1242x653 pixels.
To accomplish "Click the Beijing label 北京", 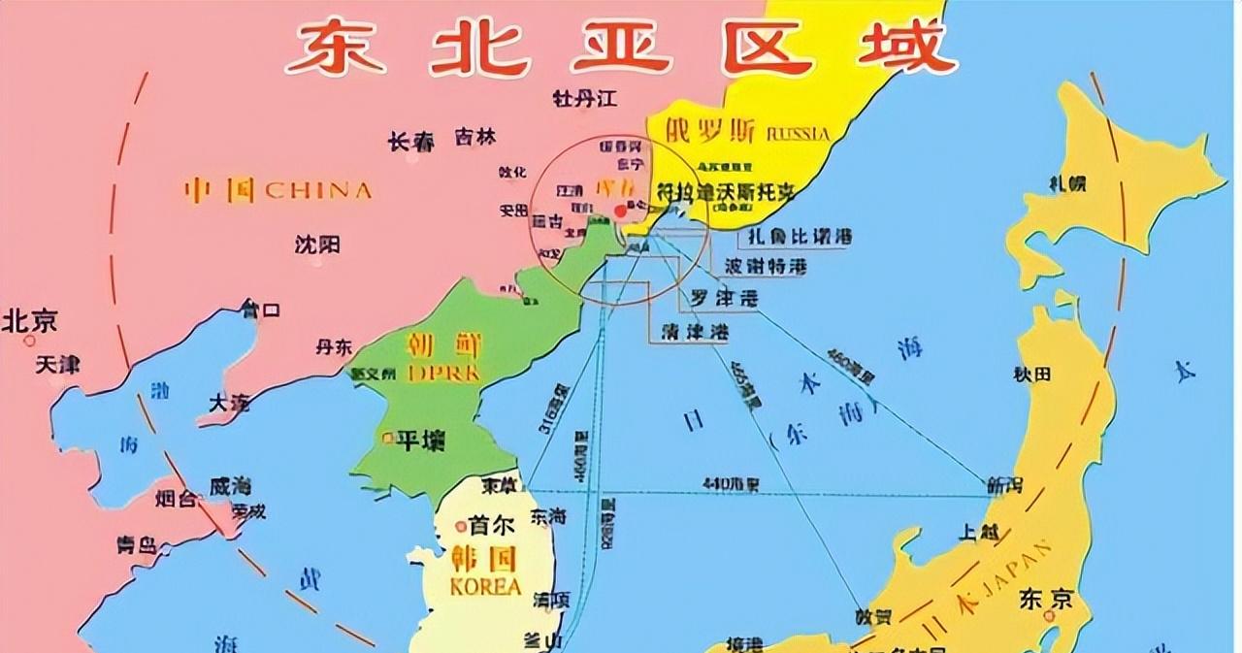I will tap(30, 320).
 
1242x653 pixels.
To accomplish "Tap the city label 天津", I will tap(57, 366).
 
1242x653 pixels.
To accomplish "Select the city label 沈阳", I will tap(317, 245).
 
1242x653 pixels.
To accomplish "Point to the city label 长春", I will tap(411, 142).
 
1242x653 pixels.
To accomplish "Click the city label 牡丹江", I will tap(584, 99).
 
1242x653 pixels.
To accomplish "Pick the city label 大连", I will tap(230, 402).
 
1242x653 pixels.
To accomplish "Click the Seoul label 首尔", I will tap(491, 525).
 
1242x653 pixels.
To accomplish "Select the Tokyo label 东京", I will tap(1046, 600).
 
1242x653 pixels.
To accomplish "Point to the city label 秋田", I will tap(1032, 374).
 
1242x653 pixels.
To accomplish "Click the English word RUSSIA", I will tap(798, 133).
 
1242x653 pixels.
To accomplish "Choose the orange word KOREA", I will tap(485, 587).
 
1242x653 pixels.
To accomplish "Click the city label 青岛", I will tap(136, 545).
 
